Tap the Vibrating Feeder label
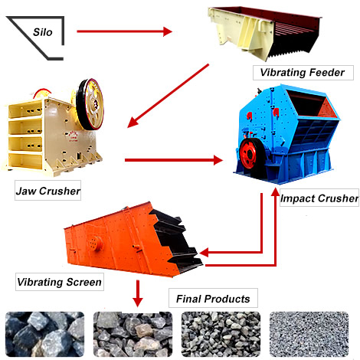click(x=303, y=73)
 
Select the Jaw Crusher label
click(x=47, y=191)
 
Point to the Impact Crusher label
click(x=319, y=198)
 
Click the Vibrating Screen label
click(x=60, y=282)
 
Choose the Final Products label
click(x=213, y=298)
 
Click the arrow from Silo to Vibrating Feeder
click(x=125, y=31)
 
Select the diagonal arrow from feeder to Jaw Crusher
click(x=168, y=96)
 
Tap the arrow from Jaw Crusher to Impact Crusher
click(x=174, y=160)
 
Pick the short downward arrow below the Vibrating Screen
click(x=138, y=293)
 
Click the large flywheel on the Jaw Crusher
click(x=90, y=105)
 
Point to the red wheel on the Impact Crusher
click(x=248, y=154)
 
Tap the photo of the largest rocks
click(x=45, y=334)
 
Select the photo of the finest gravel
click(x=309, y=334)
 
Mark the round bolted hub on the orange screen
click(x=95, y=243)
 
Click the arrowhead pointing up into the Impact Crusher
click(x=275, y=192)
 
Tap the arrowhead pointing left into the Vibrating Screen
click(x=205, y=253)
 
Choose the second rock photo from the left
click(x=133, y=334)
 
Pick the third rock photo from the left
click(x=221, y=334)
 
